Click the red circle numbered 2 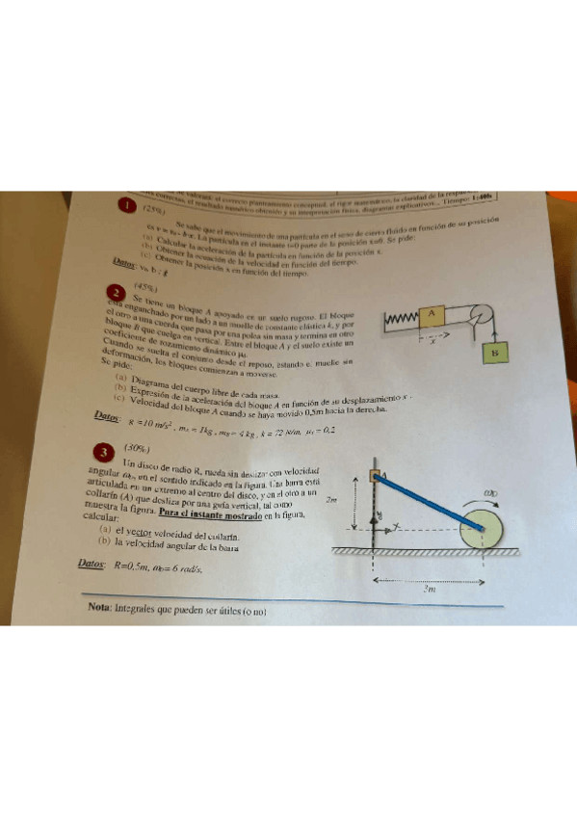point(117,293)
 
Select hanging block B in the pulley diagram point(496,354)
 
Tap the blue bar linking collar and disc point(430,501)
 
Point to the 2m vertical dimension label point(330,500)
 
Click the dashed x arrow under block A point(433,338)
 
